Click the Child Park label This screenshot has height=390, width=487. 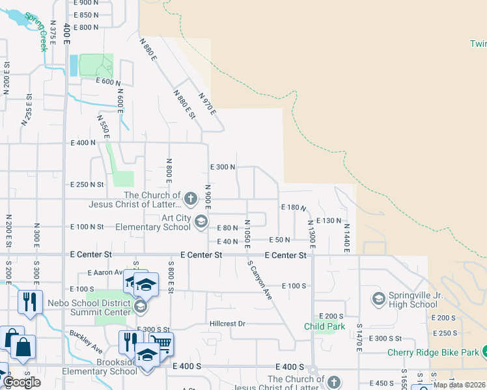point(324,326)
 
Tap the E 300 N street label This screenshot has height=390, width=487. point(222,167)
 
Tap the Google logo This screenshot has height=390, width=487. point(21,382)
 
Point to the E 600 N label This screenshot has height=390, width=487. point(108,82)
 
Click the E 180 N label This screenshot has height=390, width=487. point(293,207)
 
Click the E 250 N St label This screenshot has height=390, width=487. point(87,185)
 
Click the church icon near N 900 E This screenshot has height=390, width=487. point(190,198)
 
